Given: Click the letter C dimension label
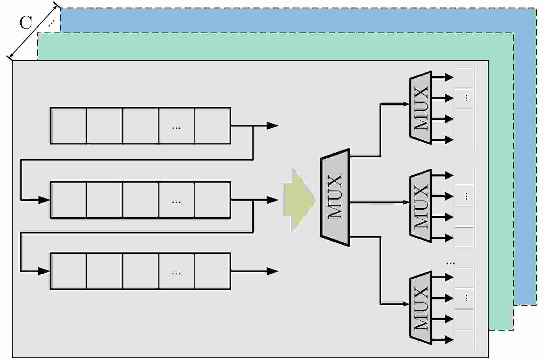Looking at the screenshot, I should point(26,23).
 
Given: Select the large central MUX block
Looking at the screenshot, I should point(335,197).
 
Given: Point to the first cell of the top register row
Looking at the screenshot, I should point(68,126).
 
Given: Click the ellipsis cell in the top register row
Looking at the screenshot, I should point(176,126).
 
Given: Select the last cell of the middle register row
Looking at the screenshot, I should point(212,200).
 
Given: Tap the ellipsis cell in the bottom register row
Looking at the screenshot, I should point(176,271).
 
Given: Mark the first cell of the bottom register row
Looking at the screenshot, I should point(68,271).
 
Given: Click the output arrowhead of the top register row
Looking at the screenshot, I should point(272,126).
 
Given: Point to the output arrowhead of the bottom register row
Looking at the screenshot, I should point(272,271).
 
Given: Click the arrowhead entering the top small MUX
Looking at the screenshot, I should point(406,104).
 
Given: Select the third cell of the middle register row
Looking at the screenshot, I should point(140,200).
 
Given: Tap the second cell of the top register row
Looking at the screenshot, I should point(104,126).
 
